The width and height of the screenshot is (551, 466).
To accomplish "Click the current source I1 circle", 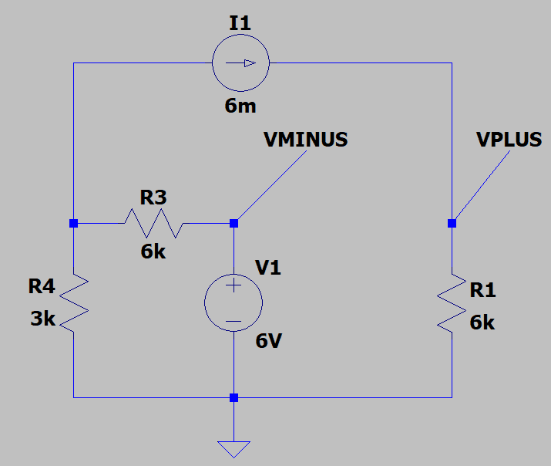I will [x=240, y=63].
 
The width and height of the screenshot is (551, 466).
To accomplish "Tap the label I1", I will [x=240, y=23].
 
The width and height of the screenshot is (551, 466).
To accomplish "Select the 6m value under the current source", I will [x=240, y=106].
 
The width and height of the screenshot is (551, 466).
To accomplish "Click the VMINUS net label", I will [x=305, y=140].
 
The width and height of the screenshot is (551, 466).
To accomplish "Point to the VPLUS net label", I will [x=509, y=140].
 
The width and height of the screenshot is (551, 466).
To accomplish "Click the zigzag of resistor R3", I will [x=153, y=224].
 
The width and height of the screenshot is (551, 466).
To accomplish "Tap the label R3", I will [x=153, y=198].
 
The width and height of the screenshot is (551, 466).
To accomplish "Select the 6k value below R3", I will [x=153, y=252].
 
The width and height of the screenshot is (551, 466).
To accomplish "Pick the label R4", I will [x=42, y=287].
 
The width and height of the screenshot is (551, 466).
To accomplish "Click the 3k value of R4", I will [x=42, y=318].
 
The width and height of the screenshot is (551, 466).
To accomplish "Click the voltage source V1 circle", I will [x=234, y=302].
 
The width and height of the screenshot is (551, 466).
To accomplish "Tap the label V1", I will [x=268, y=268].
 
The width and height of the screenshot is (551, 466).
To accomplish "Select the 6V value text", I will [x=269, y=340].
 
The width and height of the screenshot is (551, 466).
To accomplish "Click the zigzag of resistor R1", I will [x=452, y=301].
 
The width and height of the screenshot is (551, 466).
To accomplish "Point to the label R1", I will [x=482, y=291].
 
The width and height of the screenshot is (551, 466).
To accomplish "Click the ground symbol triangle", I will [x=234, y=448].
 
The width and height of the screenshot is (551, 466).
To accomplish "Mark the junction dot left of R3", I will [x=74, y=224].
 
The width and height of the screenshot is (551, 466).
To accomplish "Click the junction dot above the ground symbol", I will [x=234, y=398].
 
